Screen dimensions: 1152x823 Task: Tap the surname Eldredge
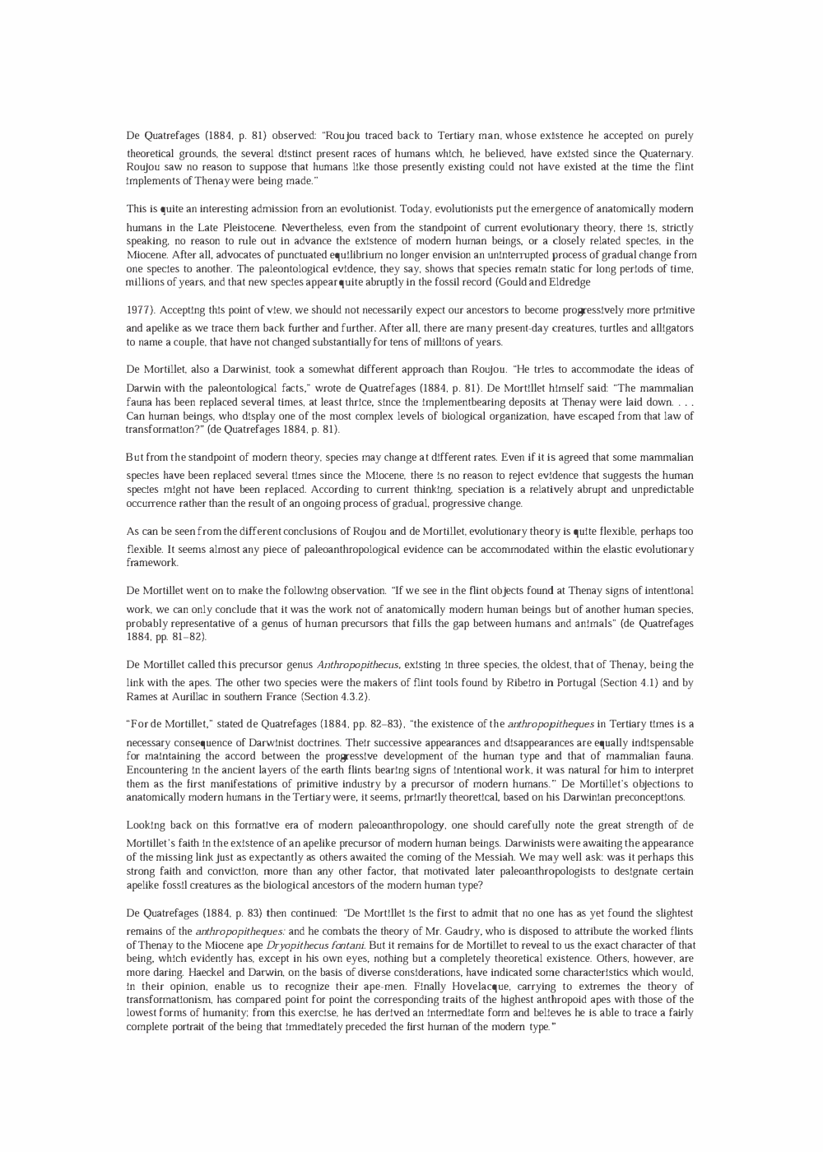point(568,282)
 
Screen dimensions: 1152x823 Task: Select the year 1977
point(138,310)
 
